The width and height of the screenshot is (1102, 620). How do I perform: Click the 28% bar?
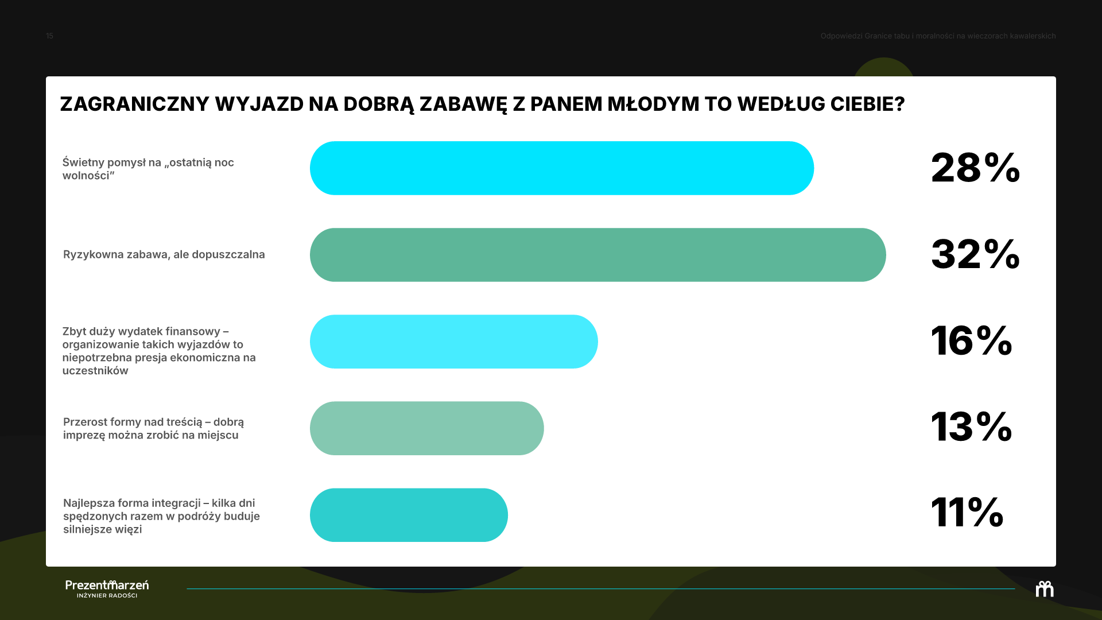[x=562, y=168]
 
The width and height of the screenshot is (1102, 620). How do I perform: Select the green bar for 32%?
[x=598, y=255]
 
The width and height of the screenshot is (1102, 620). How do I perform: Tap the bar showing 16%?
[x=454, y=342]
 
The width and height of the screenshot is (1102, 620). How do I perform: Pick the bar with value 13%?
[x=427, y=428]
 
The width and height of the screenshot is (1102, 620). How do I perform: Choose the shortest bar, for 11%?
[x=409, y=515]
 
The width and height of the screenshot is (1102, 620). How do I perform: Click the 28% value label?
[x=975, y=168]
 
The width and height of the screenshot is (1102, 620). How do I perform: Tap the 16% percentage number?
[x=971, y=340]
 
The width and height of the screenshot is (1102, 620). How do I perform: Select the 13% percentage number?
[x=971, y=427]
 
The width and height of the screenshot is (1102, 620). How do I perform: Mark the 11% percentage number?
[x=967, y=512]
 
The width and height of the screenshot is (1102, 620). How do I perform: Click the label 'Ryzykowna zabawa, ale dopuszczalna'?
[x=164, y=254]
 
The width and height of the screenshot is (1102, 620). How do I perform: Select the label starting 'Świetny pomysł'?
[x=148, y=169]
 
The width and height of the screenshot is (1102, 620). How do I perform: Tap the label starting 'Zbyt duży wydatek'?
[x=159, y=351]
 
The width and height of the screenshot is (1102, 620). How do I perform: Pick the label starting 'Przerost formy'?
[x=153, y=428]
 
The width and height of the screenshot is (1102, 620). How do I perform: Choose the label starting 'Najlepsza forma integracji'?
[x=161, y=516]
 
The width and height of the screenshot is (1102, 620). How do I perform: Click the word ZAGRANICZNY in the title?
[x=135, y=104]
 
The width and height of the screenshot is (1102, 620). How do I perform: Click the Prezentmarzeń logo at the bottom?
[x=107, y=588]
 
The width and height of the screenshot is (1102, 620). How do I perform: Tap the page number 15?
[x=49, y=36]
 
